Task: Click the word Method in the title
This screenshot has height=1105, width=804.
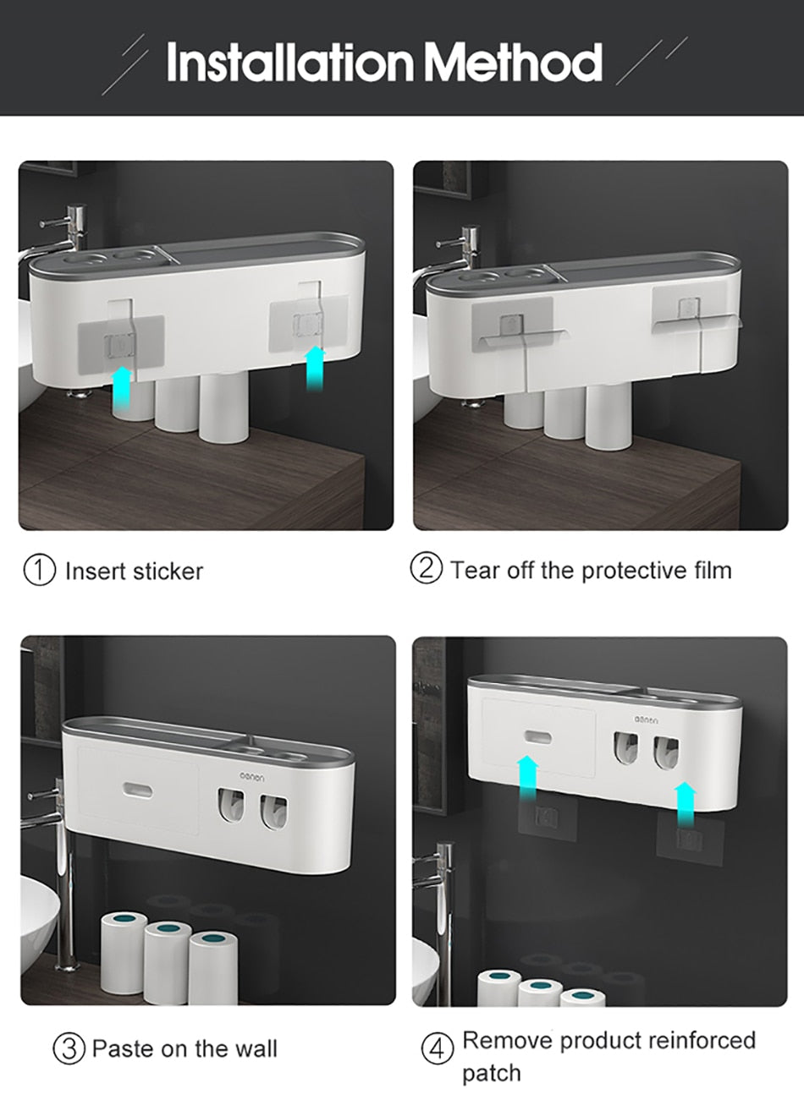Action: pos(513,61)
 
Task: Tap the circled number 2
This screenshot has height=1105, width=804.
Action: pos(427,569)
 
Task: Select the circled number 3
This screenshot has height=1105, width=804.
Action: pos(69,1049)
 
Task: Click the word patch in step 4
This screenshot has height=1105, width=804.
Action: pos(492,1074)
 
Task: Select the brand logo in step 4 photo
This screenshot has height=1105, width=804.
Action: pos(650,719)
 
